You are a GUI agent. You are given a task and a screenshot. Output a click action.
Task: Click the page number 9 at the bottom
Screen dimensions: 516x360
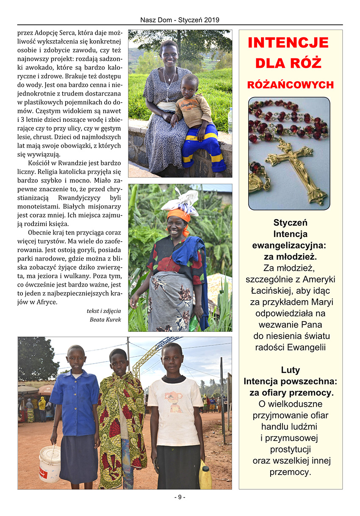click(180, 497)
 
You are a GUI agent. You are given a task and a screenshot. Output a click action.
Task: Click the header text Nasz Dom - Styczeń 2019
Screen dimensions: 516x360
click(180, 20)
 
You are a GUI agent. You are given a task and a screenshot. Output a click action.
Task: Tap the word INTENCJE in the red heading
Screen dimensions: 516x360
click(288, 43)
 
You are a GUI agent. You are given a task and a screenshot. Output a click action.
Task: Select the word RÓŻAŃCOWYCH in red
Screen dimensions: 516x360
click(291, 85)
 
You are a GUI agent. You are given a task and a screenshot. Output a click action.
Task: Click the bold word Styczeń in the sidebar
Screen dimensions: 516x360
click(291, 223)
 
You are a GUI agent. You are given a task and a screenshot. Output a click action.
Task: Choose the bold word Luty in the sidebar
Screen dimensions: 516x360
click(290, 370)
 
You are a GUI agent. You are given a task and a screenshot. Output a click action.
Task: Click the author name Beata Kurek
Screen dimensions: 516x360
click(105, 319)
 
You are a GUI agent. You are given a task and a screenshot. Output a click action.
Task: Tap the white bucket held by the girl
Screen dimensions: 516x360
click(50, 463)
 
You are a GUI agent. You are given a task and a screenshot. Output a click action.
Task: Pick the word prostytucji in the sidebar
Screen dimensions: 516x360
click(291, 450)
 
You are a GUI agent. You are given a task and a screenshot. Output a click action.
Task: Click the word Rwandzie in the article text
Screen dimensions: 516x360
click(69, 163)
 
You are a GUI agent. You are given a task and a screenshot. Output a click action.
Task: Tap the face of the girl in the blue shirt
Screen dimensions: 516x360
click(76, 358)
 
